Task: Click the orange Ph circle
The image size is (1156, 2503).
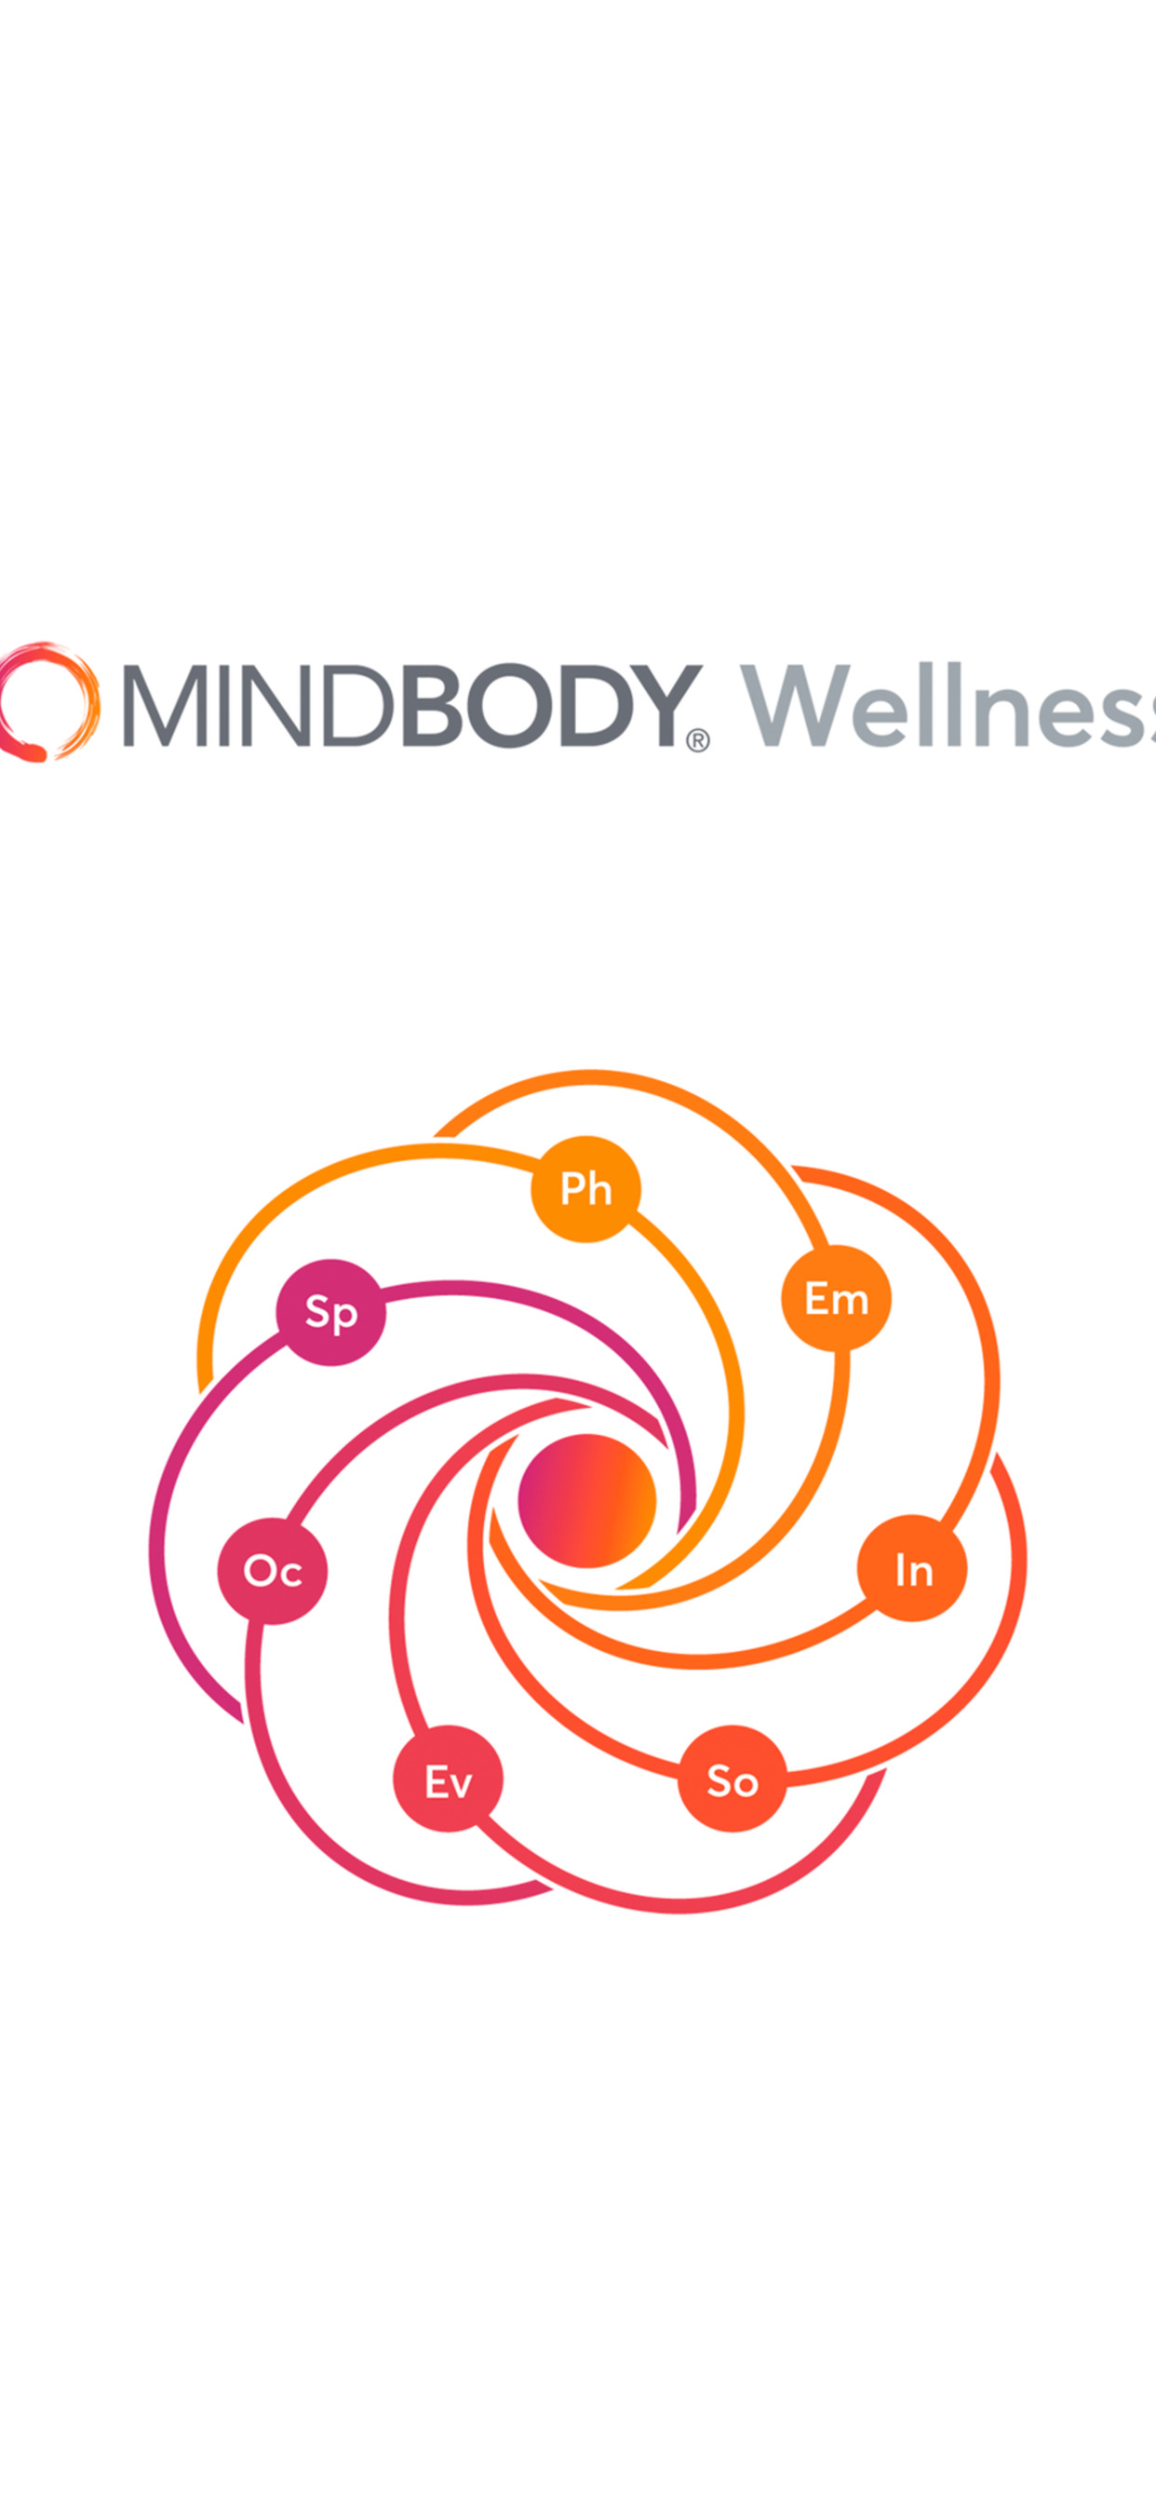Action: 585,1188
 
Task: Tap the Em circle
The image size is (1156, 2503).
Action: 837,1298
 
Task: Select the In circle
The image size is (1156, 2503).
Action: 912,1568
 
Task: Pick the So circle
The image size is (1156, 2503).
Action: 733,1779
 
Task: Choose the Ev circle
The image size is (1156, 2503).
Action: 448,1779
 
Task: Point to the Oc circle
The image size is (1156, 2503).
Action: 272,1570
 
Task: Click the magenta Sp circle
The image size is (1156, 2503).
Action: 331,1312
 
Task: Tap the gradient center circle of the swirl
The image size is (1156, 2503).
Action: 586,1500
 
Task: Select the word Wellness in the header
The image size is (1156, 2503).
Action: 948,706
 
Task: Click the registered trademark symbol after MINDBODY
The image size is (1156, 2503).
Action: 697,740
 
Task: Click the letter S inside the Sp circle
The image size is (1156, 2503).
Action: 317,1310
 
